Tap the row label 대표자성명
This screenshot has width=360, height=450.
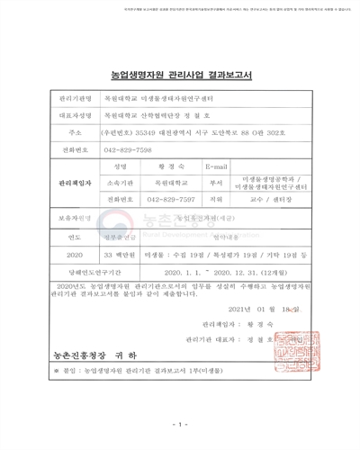tap(75, 115)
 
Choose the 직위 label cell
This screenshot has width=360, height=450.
tap(216, 199)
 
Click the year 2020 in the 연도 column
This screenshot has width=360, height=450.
tap(75, 255)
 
